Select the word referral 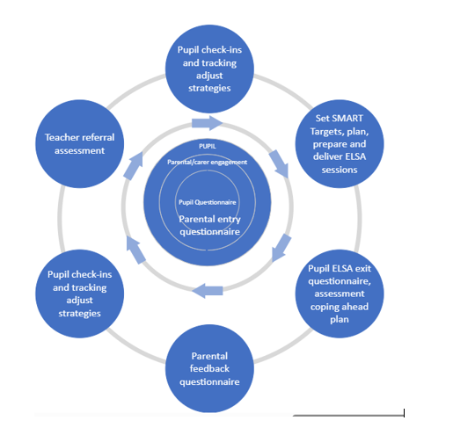coord(97,137)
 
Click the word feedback coord(209,368)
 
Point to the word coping coord(324,307)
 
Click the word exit coord(363,268)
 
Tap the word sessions coord(340,170)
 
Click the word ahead coord(354,307)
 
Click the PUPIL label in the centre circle coord(208,146)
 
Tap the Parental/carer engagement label coord(208,163)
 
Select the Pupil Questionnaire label coord(208,202)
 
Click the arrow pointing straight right coord(207,123)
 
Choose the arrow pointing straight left coord(208,291)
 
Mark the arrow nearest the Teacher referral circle coord(134,166)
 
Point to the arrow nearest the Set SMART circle coord(279,163)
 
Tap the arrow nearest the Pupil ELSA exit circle coord(281,248)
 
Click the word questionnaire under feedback coord(209,382)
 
